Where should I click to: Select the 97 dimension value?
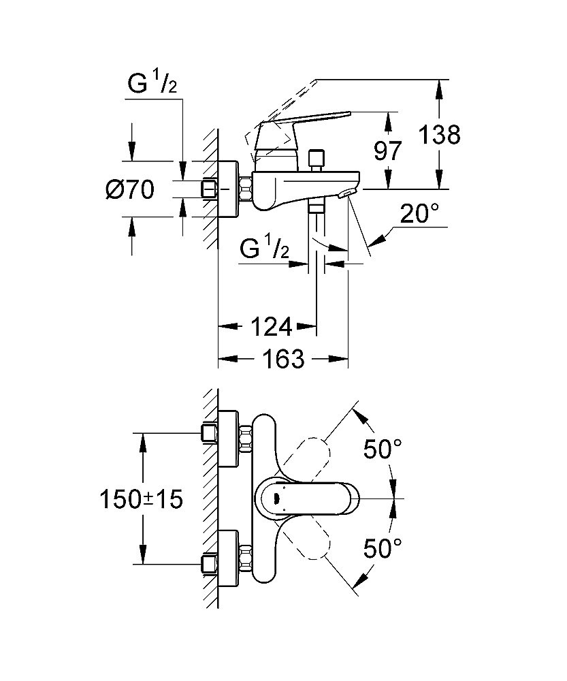pos(387,151)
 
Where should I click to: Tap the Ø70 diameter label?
pos(129,189)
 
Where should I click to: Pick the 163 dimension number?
pos(282,359)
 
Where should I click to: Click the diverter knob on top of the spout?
pos(315,159)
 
